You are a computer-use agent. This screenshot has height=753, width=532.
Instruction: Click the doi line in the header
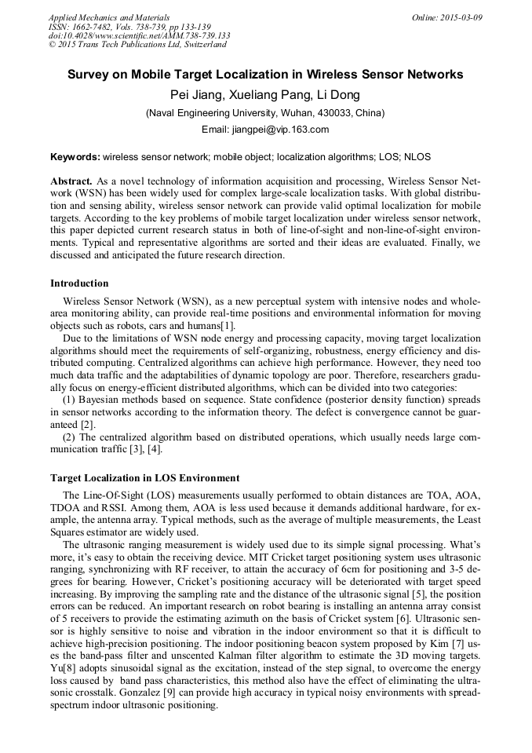tap(140, 35)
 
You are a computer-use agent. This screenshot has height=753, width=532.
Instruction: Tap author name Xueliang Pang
tap(269, 95)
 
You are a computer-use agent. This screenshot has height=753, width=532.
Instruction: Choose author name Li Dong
tap(339, 95)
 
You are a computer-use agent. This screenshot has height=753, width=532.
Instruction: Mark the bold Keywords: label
tap(75, 157)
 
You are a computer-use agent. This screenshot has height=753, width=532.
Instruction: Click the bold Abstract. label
tap(71, 181)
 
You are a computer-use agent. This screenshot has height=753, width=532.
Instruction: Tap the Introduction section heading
tap(79, 283)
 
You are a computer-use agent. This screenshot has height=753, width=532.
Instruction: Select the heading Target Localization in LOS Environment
tap(145, 477)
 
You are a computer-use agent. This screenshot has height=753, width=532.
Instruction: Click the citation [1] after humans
tap(226, 326)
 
